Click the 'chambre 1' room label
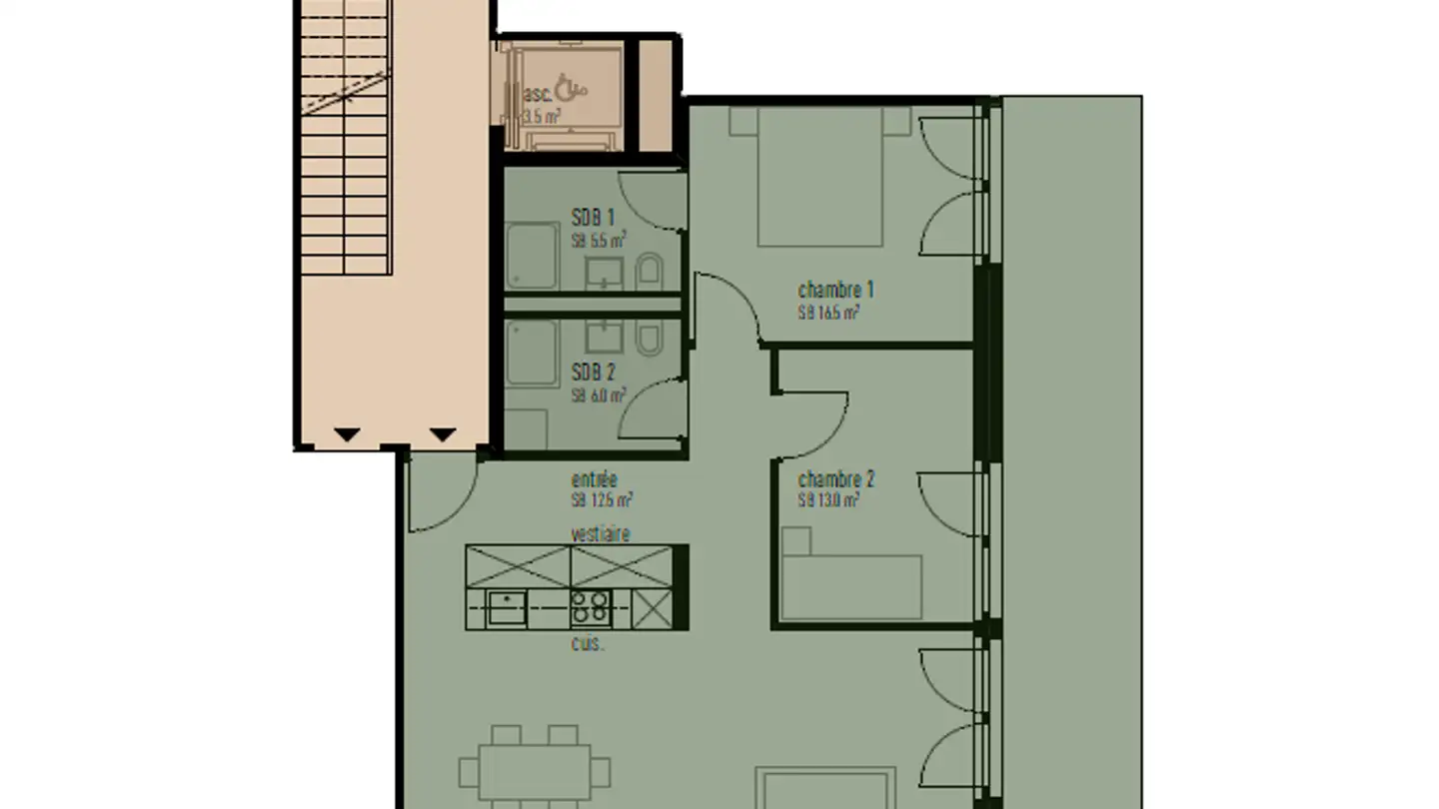pos(835,291)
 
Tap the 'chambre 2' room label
pos(836,479)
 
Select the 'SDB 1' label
pos(593,218)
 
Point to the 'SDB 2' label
pos(593,373)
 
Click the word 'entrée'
pos(594,479)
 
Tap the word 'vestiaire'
pos(601,533)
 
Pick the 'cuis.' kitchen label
pos(588,644)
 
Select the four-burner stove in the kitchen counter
pos(590,607)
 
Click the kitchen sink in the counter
pos(507,607)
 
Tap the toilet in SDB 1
pos(650,271)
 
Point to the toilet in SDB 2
pos(650,340)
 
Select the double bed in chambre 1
pos(819,177)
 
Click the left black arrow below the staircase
pos(347,434)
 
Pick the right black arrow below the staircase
pos(443,434)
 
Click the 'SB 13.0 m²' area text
pos(828,501)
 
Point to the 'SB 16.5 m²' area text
pos(828,313)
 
